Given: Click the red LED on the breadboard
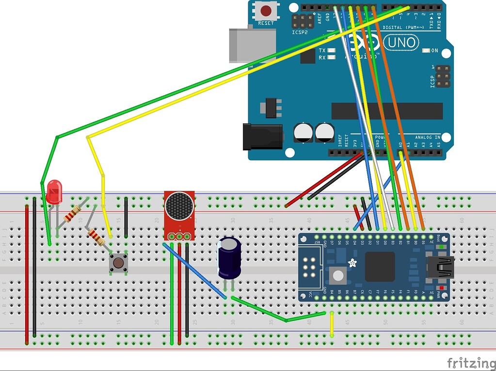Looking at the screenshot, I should click(x=54, y=191).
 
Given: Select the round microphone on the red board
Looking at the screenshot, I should click(x=179, y=206).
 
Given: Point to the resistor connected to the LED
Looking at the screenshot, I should click(x=73, y=213).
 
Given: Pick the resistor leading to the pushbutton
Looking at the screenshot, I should click(x=96, y=237).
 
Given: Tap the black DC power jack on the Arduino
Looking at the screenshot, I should click(x=262, y=136).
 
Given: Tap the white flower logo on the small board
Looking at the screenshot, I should click(x=352, y=264).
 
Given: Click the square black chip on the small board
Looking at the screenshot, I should click(x=380, y=267).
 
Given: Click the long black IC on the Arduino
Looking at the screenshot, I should click(x=386, y=111).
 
